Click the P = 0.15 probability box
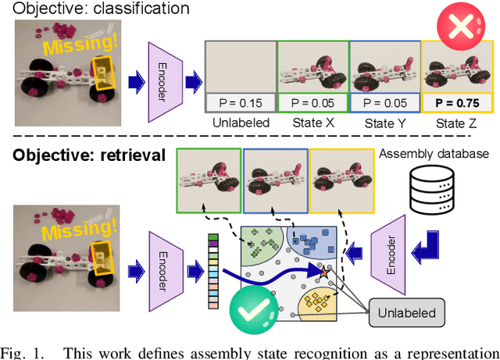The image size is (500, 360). [x=239, y=102]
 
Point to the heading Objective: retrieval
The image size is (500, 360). [x=88, y=155]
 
